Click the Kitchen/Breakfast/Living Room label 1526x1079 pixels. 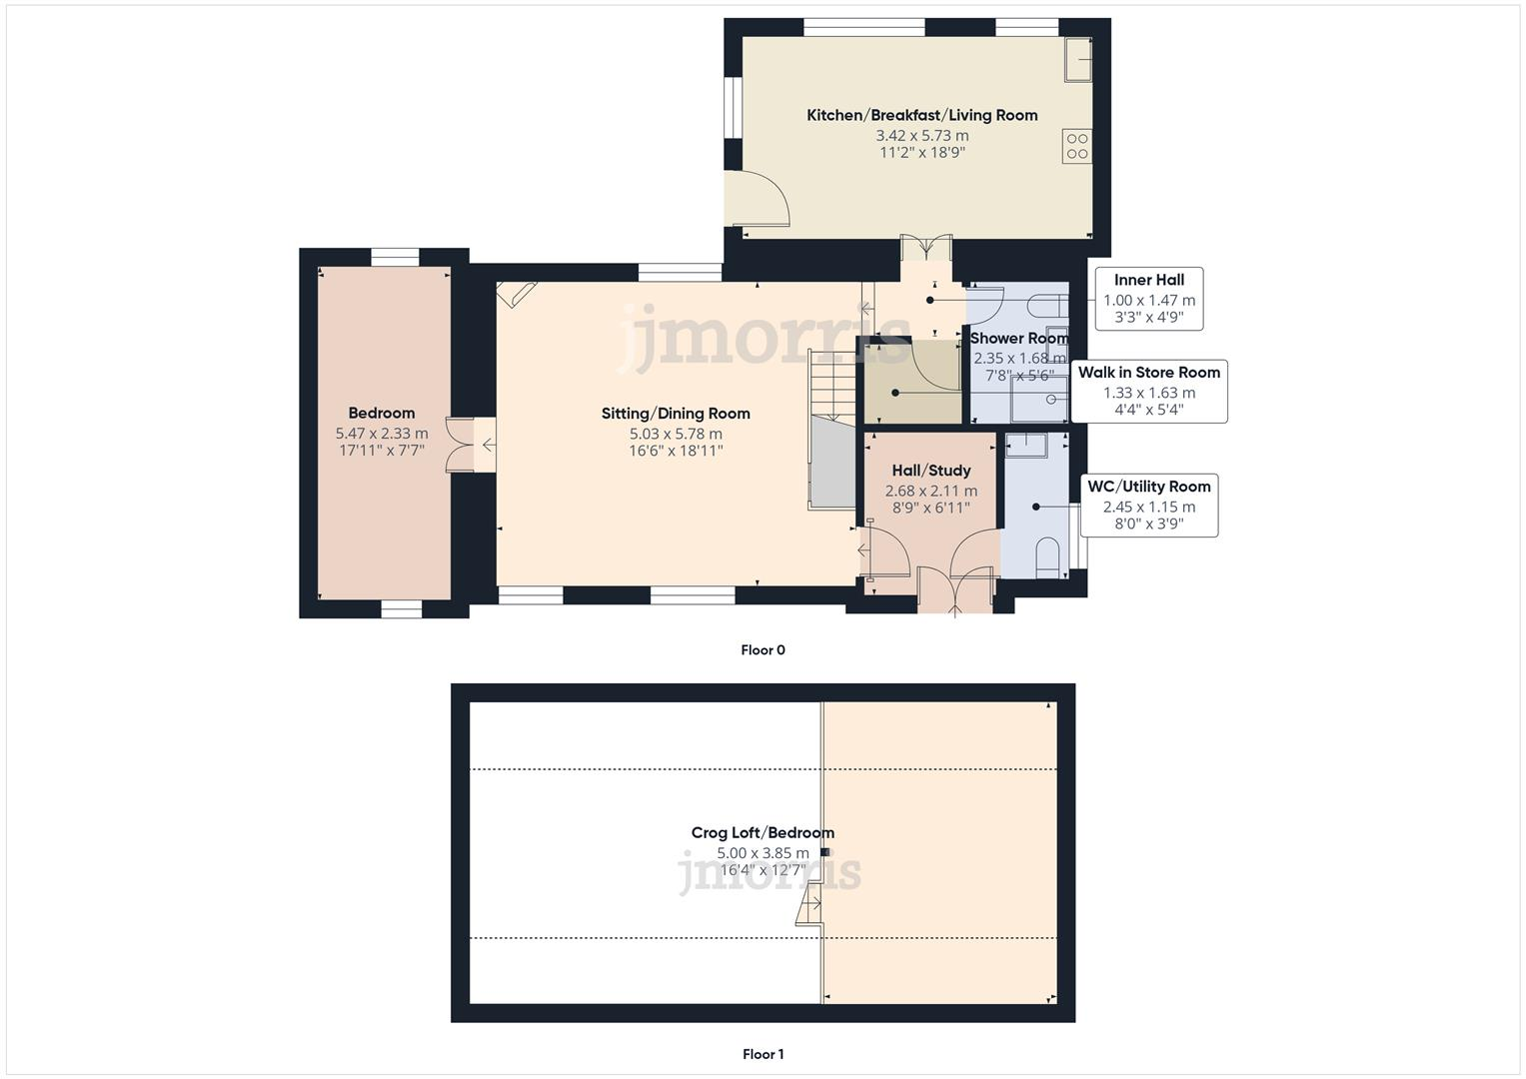pyautogui.click(x=921, y=115)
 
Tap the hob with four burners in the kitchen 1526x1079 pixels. pyautogui.click(x=1076, y=146)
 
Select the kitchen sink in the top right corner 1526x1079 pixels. pyautogui.click(x=1077, y=59)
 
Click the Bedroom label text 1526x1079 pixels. pyautogui.click(x=381, y=413)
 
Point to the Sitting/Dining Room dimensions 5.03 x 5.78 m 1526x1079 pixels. pyautogui.click(x=676, y=434)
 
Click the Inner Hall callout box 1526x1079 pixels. pyautogui.click(x=1148, y=299)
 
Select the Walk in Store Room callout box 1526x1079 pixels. pyautogui.click(x=1148, y=391)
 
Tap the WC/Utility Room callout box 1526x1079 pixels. pyautogui.click(x=1148, y=505)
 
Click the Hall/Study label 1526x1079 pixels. pyautogui.click(x=930, y=470)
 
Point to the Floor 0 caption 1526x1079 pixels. pyautogui.click(x=763, y=650)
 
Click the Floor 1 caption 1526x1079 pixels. pyautogui.click(x=763, y=1054)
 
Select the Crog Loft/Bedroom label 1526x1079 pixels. pyautogui.click(x=763, y=832)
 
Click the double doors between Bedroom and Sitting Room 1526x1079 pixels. pyautogui.click(x=462, y=443)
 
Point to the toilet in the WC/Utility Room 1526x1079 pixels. pyautogui.click(x=1046, y=557)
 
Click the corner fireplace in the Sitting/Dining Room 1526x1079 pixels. pyautogui.click(x=516, y=293)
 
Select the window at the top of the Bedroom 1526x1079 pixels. pyautogui.click(x=395, y=257)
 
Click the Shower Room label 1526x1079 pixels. pyautogui.click(x=1018, y=338)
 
